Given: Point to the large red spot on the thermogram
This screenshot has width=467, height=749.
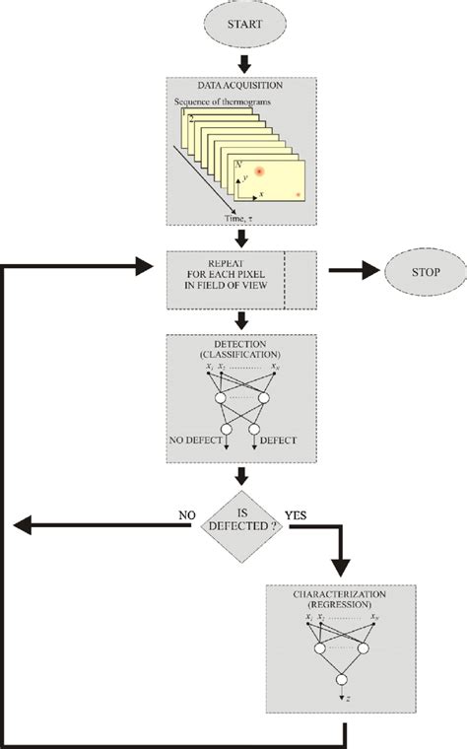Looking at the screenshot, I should tap(258, 173).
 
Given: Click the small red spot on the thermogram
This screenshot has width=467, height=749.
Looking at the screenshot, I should tap(299, 195).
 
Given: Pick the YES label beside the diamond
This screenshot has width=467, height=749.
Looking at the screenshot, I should tap(298, 513).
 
